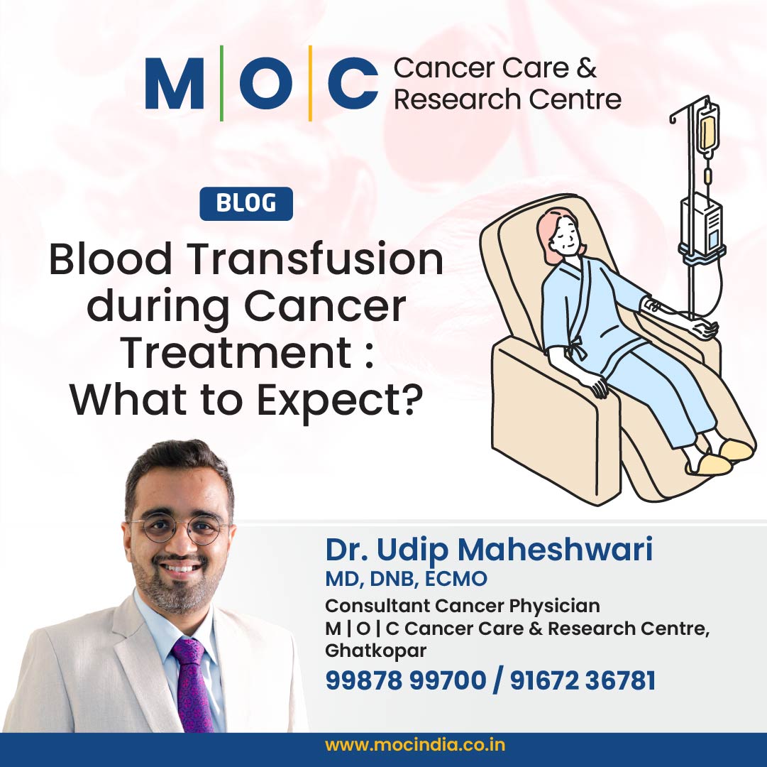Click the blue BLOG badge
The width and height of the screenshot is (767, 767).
tap(246, 204)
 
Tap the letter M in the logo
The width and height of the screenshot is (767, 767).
tap(174, 83)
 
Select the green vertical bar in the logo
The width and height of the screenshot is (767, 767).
tap(221, 83)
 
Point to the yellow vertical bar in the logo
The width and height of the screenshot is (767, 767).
tap(310, 83)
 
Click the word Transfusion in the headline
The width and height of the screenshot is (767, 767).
tap(316, 259)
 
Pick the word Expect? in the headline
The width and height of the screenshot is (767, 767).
tap(339, 399)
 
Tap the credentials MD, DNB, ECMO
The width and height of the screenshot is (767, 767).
tap(406, 579)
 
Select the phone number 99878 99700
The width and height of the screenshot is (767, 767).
tap(406, 680)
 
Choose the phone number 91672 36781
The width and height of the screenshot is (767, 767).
tap(583, 680)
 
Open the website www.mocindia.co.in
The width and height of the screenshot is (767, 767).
tap(415, 746)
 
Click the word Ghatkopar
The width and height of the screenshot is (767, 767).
tap(375, 651)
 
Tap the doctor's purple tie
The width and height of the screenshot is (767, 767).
tap(192, 685)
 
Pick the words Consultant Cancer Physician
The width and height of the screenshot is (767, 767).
tap(462, 606)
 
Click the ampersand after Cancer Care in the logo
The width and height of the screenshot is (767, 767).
tap(586, 67)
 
